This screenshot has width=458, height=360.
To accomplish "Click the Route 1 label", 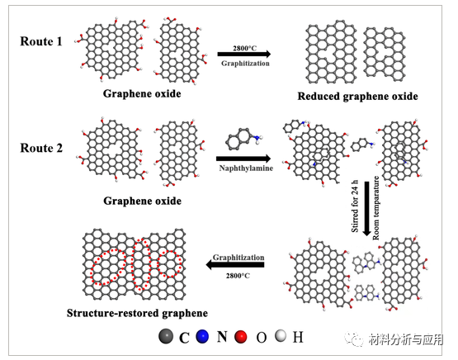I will coord(41,40).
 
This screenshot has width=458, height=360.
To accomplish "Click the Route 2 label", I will coord(41,149).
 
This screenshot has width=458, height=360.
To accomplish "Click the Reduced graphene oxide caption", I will coord(358,97).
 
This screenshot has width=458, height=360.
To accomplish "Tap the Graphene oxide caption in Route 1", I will coord(142,93).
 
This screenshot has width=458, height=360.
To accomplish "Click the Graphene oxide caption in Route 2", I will coord(142,201).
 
